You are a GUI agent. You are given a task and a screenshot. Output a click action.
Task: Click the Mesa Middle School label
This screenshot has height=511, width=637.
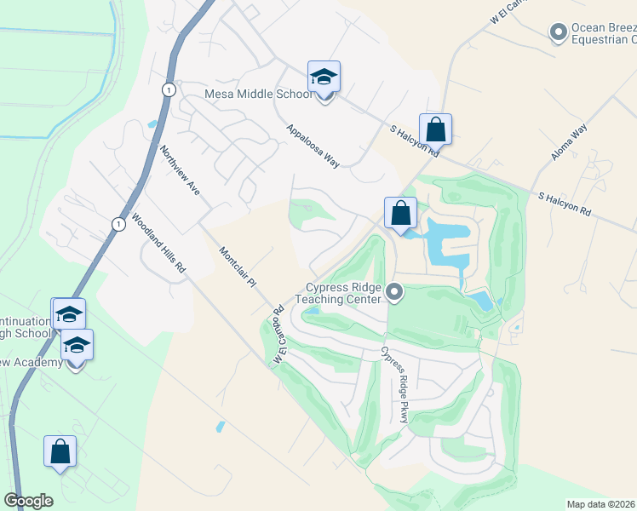[259, 94]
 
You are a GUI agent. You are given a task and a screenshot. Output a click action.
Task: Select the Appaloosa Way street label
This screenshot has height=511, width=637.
[313, 146]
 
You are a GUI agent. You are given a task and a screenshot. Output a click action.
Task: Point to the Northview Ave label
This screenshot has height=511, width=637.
[180, 170]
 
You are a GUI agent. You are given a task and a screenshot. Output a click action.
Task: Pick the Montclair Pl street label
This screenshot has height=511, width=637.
[238, 266]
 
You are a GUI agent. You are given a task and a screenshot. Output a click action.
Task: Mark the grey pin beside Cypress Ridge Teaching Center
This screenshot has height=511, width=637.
[394, 293]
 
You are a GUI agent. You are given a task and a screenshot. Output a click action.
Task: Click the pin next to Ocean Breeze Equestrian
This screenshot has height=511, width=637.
[559, 32]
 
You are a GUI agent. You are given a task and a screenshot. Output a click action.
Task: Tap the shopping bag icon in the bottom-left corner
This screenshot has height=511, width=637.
[60, 453]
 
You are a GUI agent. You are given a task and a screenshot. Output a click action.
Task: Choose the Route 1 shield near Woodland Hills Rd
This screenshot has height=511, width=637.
[118, 223]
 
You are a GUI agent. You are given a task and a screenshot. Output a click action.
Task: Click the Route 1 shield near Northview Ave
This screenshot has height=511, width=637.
[169, 89]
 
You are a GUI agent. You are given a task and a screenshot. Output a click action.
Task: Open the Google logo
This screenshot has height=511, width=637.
[28, 501]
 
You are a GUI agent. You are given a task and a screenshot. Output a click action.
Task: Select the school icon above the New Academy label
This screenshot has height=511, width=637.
[77, 346]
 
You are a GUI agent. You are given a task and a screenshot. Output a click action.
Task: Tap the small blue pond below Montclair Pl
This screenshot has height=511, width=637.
[221, 425]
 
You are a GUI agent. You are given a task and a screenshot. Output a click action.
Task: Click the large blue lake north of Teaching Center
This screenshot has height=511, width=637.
[446, 242]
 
